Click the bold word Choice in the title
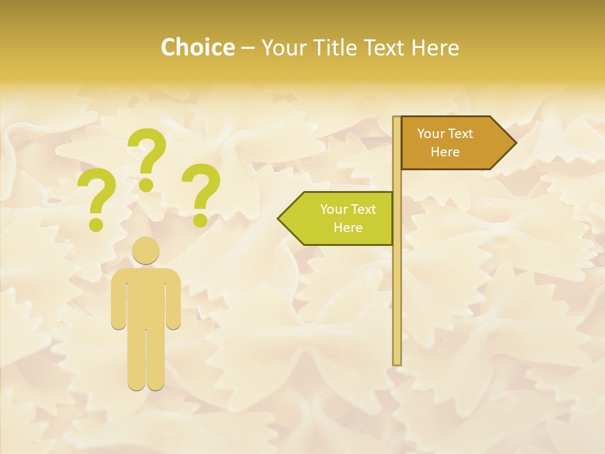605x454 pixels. pos(197,47)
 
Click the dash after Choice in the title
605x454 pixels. pos(248,48)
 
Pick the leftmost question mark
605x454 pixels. pos(96,199)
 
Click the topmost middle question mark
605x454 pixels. pos(147,159)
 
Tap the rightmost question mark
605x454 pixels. pos(201,195)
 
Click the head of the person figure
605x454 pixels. pos(146,250)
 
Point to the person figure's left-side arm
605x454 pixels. pos(118,300)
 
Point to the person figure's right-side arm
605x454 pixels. pos(174,300)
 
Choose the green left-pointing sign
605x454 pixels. pos(340,218)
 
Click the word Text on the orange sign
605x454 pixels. pos(460,134)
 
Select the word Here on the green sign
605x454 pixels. pos(348,228)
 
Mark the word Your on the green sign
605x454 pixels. pos(333,209)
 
